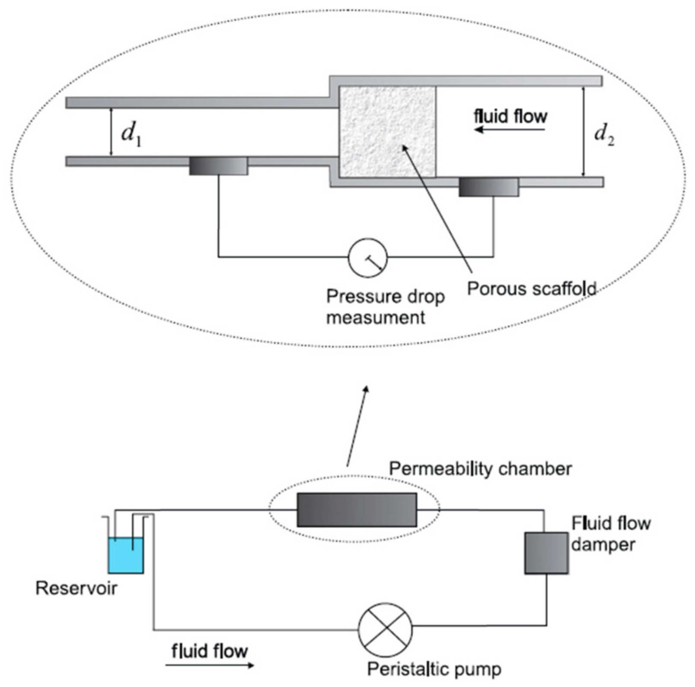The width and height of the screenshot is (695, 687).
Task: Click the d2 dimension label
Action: coord(604,134)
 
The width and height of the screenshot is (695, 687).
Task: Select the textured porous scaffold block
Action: coord(387,131)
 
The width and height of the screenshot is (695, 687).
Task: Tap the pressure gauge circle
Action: coord(367,258)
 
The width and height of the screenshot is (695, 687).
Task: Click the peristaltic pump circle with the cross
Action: coord(385,630)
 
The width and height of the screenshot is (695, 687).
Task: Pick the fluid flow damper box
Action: coord(546,553)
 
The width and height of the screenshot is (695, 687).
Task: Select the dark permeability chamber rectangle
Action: coord(357,510)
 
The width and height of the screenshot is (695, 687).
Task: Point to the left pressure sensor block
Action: coord(218,166)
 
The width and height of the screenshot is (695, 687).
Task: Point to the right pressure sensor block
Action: coord(488,187)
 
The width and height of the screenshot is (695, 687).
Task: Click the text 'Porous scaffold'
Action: coord(532,289)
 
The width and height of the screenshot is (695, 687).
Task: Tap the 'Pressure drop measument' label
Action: coord(385,307)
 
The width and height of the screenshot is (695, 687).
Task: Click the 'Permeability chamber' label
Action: coord(480,469)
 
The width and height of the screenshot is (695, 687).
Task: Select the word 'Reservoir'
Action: coord(76,588)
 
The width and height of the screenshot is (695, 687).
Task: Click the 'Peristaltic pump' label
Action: coord(434,669)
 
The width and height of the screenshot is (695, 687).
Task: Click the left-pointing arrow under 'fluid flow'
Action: coord(510,129)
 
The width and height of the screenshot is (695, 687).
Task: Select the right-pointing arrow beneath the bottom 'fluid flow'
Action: coord(210,665)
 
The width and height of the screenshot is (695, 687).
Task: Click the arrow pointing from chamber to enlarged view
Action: coord(357,426)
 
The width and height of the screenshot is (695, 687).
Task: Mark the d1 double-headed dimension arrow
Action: coord(111,132)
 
